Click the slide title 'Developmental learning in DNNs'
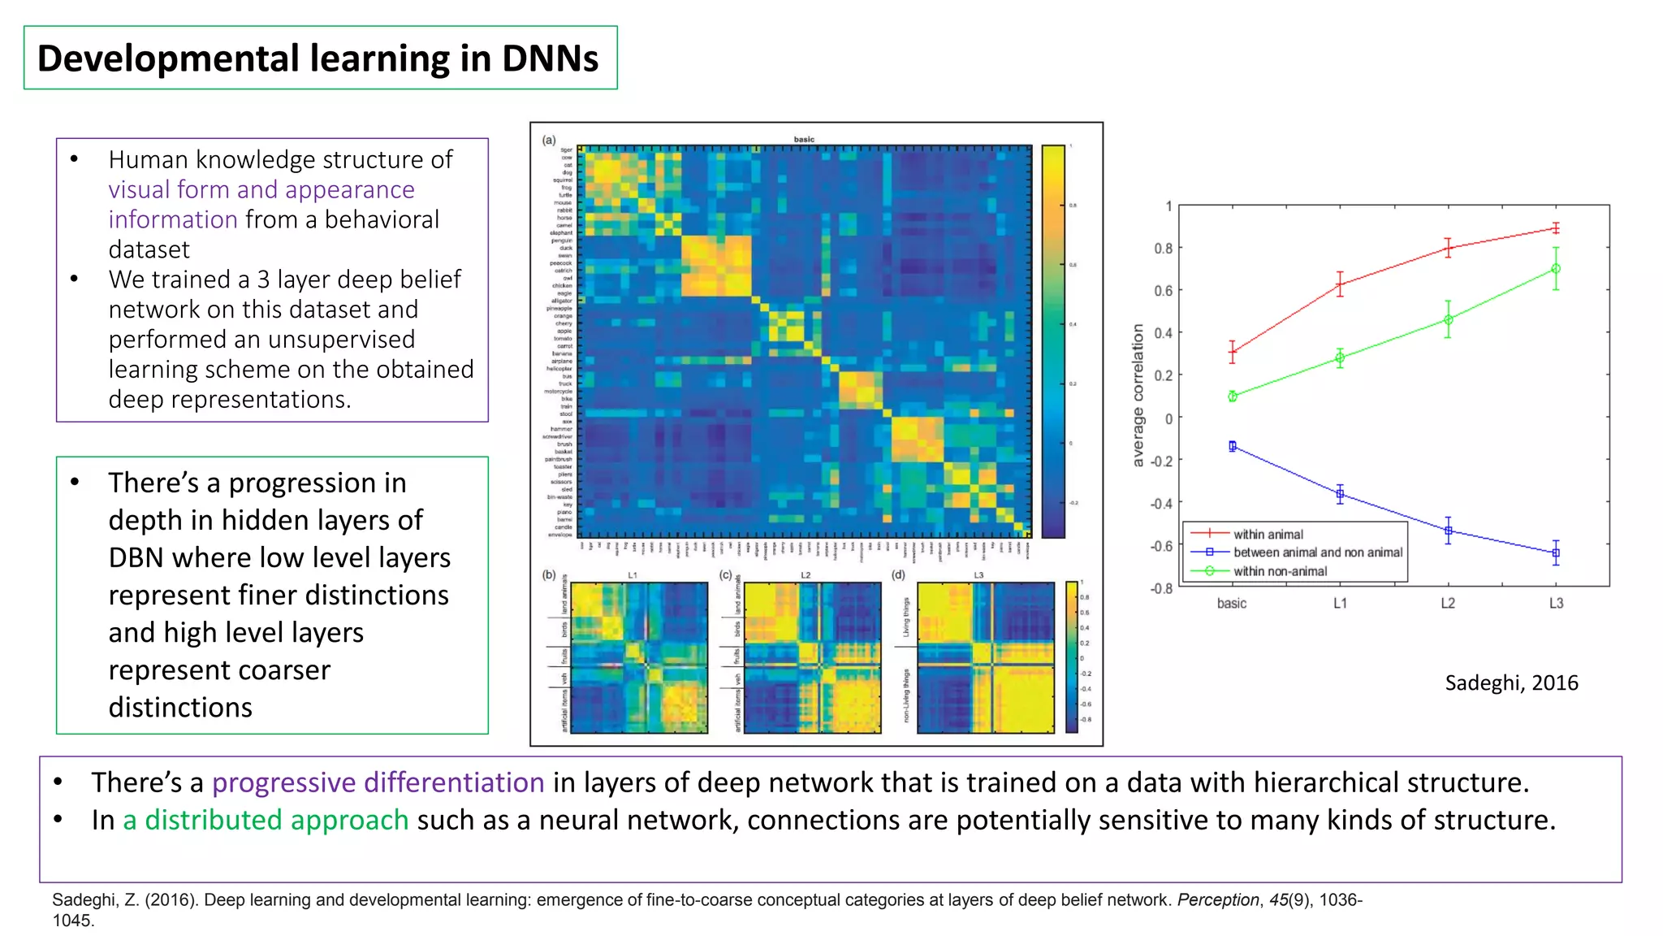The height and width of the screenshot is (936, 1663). (x=317, y=58)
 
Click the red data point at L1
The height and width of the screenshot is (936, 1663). (x=1340, y=284)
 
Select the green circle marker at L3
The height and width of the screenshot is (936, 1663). (x=1556, y=269)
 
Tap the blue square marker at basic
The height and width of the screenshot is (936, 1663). (x=1233, y=446)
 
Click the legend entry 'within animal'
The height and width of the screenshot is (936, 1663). (x=1268, y=535)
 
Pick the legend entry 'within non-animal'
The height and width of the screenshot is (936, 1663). (x=1280, y=571)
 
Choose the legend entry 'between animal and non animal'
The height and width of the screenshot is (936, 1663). (x=1317, y=552)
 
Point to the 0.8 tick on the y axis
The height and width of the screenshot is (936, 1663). (x=1164, y=249)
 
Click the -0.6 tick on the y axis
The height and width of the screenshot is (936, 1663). (x=1161, y=546)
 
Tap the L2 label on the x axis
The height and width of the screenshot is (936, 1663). (x=1448, y=604)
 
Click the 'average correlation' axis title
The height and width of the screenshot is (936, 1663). (x=1138, y=396)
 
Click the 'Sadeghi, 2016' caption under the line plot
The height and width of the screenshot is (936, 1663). (x=1511, y=682)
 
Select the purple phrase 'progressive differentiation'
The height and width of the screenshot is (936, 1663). (x=378, y=782)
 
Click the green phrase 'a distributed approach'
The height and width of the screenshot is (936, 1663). (x=266, y=821)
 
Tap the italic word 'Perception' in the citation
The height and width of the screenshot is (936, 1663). (x=1217, y=900)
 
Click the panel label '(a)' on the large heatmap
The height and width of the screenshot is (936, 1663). (x=549, y=141)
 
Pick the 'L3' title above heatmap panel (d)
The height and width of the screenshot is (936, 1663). (x=978, y=575)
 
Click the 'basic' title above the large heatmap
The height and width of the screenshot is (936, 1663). (x=804, y=140)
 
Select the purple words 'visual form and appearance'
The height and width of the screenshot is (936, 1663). (x=261, y=190)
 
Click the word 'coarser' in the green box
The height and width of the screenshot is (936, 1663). (x=280, y=670)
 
